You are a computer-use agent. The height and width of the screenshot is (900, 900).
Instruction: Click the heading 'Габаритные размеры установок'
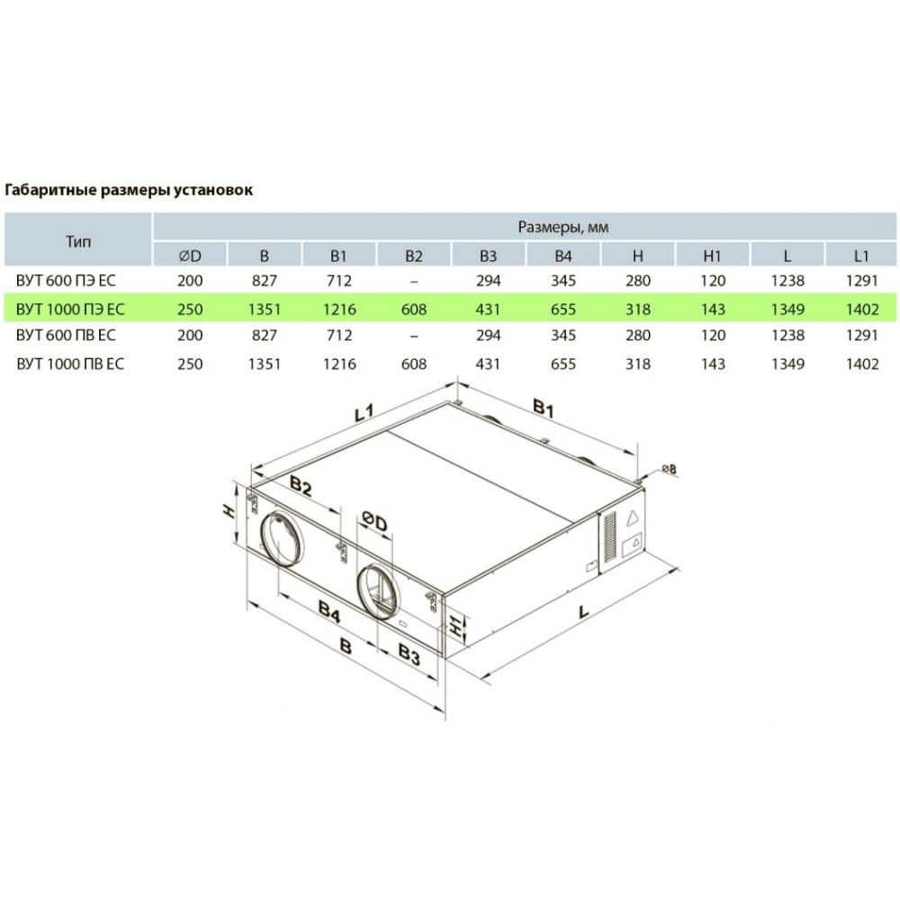pos(129,190)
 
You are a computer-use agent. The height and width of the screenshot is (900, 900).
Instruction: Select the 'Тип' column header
pos(78,241)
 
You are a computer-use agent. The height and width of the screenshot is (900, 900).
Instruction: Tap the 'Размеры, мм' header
pos(563,228)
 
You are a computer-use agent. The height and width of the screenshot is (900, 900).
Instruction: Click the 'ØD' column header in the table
pos(190,256)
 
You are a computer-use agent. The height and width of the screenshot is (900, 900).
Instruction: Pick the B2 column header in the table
pos(414,256)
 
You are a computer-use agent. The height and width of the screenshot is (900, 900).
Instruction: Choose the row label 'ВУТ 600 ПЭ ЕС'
pos(66,281)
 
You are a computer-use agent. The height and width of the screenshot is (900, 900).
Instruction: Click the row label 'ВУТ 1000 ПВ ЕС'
pos(70,364)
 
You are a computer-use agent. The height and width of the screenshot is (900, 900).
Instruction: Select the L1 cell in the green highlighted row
pos(862,310)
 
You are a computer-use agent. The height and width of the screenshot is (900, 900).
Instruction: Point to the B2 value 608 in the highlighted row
pos(414,310)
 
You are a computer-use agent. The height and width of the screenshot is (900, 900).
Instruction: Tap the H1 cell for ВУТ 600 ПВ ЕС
pos(712,335)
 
